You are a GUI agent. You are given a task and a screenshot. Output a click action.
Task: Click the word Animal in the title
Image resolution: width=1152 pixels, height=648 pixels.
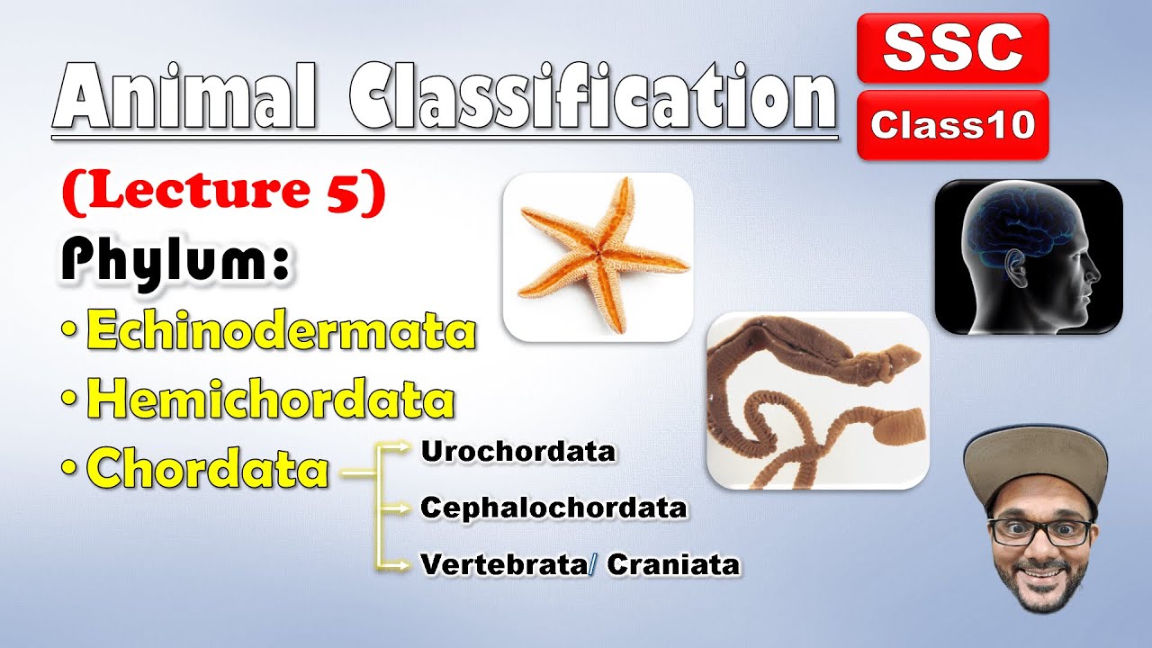184,95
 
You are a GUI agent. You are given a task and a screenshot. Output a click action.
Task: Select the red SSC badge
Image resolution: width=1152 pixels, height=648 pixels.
953,48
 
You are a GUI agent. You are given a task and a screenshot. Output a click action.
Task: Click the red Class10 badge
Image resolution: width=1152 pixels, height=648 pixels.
953,124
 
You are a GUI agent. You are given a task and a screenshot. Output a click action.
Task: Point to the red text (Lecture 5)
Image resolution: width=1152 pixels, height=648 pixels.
224,193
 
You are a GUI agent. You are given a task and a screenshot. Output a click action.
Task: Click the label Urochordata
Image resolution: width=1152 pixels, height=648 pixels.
518,452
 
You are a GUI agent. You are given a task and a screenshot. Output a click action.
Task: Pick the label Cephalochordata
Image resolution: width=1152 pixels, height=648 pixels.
553,508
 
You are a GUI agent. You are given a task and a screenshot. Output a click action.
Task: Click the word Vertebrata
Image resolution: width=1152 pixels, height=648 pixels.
504,564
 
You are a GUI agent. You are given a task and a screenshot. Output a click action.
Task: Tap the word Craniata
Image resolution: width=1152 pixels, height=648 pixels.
674,564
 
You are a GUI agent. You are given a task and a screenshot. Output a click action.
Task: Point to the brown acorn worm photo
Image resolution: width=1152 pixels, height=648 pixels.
818,400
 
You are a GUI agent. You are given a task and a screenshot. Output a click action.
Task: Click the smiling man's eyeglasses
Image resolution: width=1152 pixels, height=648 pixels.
1039,533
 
